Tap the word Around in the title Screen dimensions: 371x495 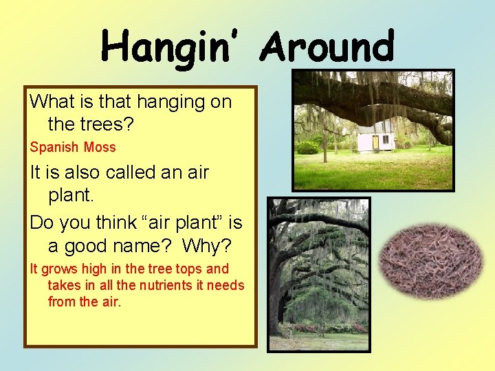coord(329,47)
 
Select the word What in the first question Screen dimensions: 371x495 coord(51,102)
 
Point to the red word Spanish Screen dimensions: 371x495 coord(54,147)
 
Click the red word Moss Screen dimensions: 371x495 coord(100,147)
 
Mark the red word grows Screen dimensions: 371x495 coord(61,269)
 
